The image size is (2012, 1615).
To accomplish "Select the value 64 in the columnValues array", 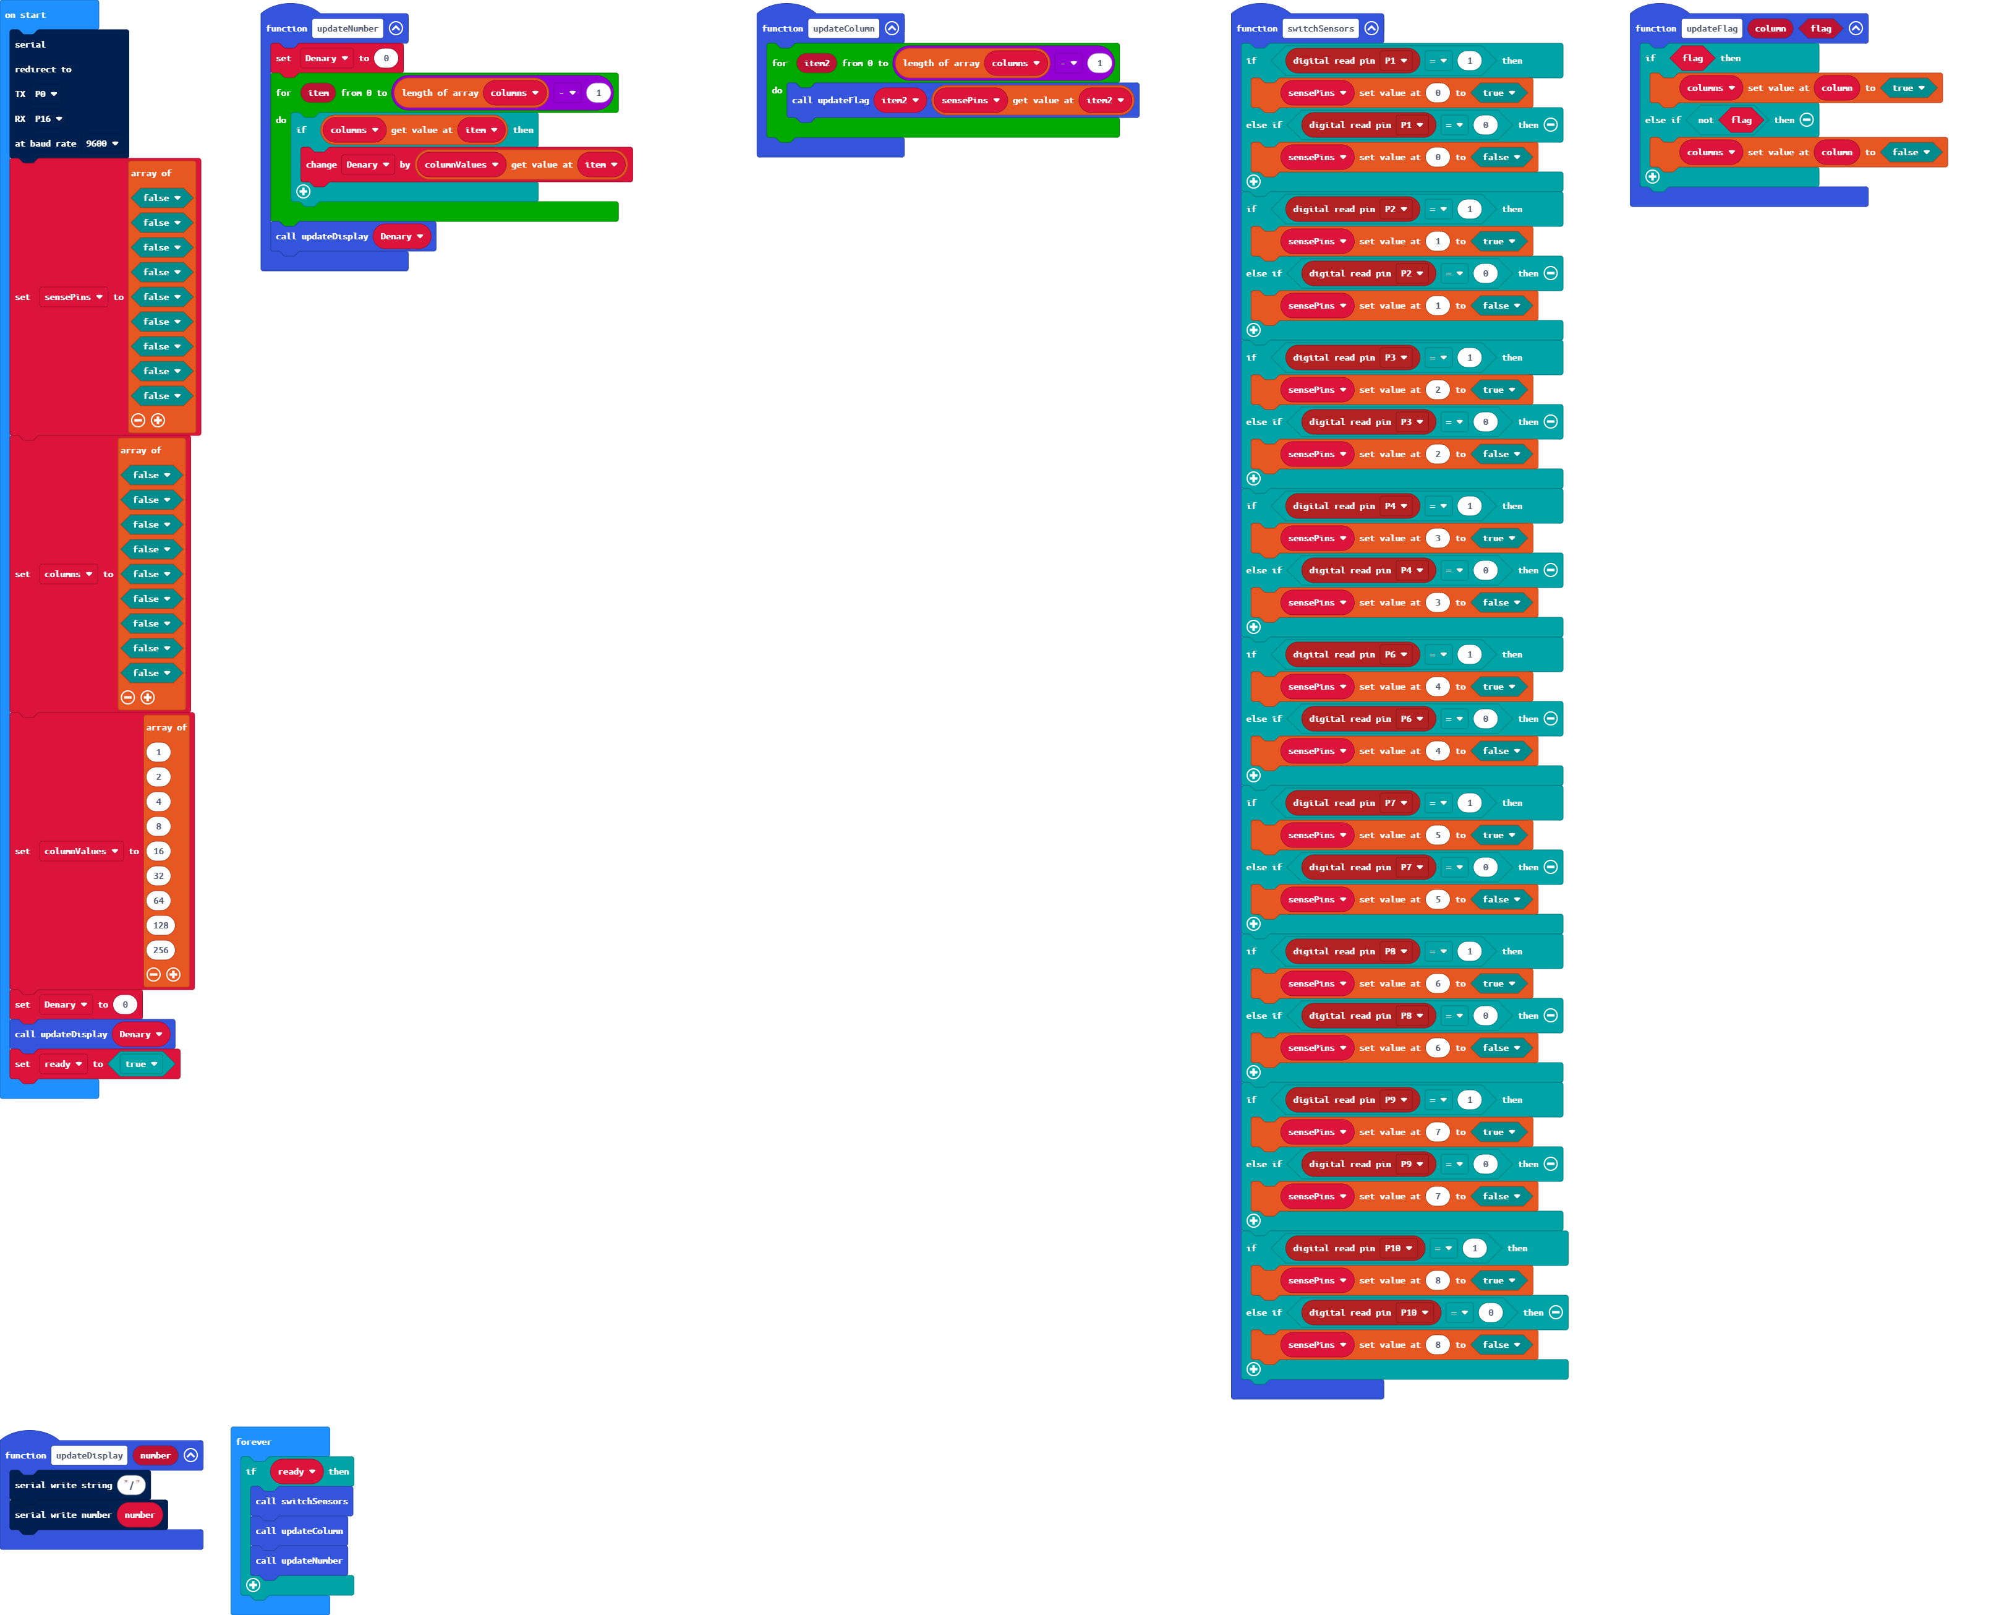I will (159, 901).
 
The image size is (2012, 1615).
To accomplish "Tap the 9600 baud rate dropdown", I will (102, 144).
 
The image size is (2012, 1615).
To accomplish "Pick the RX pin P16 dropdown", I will (48, 119).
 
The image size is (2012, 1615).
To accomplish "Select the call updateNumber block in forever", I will (299, 1561).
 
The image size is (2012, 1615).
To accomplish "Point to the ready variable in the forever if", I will (296, 1471).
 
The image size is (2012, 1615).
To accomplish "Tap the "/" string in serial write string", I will (132, 1485).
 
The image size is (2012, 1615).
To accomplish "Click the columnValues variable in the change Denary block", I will (460, 165).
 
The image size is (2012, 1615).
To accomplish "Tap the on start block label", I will (25, 15).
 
